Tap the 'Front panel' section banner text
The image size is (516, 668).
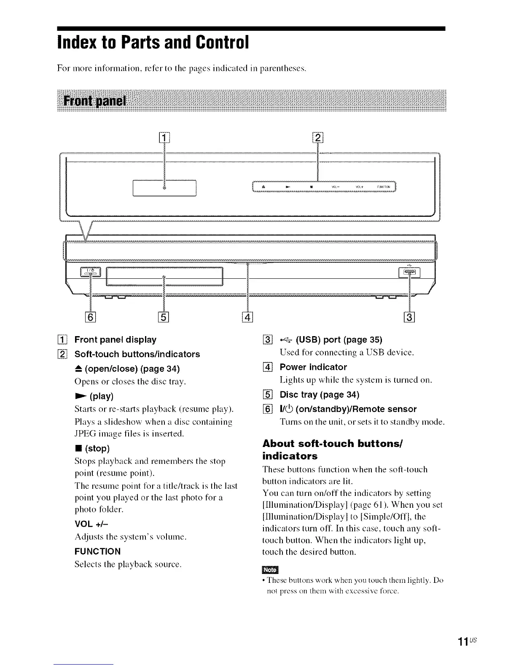pos(94,101)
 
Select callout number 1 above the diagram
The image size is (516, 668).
pos(164,138)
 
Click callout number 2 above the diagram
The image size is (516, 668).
pos(317,138)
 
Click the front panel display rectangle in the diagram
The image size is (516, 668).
pos(165,188)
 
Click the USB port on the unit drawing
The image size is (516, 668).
pos(409,273)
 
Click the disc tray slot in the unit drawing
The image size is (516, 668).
pos(165,276)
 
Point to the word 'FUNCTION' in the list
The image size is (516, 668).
pos(97,552)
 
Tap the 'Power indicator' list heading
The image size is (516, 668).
pos(313,367)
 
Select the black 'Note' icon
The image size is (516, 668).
pos(269,570)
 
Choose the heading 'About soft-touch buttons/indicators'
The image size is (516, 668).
pos(333,450)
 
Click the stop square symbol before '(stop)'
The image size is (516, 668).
pos(78,448)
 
